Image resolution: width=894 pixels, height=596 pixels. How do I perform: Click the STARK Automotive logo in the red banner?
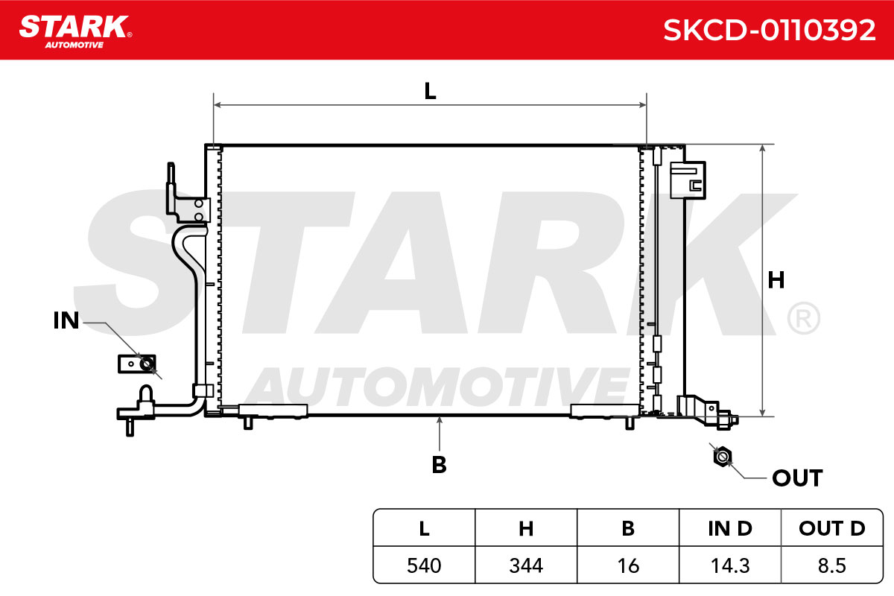[75, 31]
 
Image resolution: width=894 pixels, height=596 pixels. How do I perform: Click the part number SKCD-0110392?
[769, 31]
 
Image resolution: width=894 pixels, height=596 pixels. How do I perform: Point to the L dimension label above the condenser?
[430, 91]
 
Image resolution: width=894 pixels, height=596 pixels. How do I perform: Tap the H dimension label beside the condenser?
[776, 280]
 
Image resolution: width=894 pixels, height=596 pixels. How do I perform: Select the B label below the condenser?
[439, 465]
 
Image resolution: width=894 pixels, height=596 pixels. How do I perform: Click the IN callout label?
[66, 320]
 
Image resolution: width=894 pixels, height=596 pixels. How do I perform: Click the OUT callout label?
[797, 478]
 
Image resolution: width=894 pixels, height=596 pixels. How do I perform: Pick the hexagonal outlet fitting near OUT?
[722, 456]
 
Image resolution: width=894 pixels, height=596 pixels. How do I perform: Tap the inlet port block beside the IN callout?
[137, 364]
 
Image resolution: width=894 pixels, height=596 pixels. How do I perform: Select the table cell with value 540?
[424, 565]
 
